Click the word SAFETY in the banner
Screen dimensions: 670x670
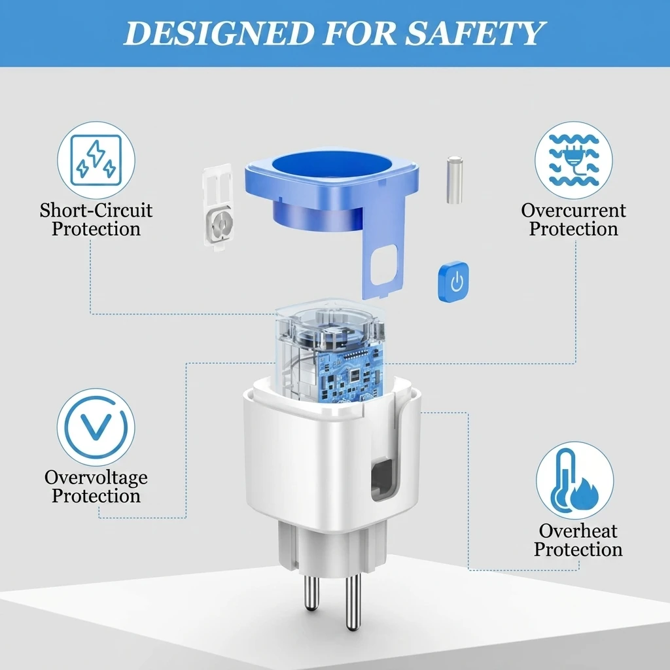pyautogui.click(x=475, y=33)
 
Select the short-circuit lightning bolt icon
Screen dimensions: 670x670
pyautogui.click(x=96, y=160)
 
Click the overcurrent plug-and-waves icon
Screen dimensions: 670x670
pyautogui.click(x=573, y=160)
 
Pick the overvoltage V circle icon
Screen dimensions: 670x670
pyautogui.click(x=97, y=427)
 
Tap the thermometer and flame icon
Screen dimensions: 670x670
pyautogui.click(x=574, y=481)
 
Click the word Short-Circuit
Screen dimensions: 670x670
pyautogui.click(x=96, y=210)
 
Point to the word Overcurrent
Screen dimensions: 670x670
pyautogui.click(x=573, y=210)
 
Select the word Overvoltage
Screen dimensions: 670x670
pyautogui.click(x=96, y=477)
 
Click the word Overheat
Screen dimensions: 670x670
pyautogui.click(x=578, y=531)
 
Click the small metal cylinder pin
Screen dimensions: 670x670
pyautogui.click(x=455, y=180)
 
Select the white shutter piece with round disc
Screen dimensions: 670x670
pyautogui.click(x=219, y=207)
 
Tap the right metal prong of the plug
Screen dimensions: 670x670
pyautogui.click(x=353, y=602)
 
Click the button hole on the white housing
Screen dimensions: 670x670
pyautogui.click(x=381, y=480)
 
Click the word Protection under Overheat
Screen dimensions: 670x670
pyautogui.click(x=578, y=550)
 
